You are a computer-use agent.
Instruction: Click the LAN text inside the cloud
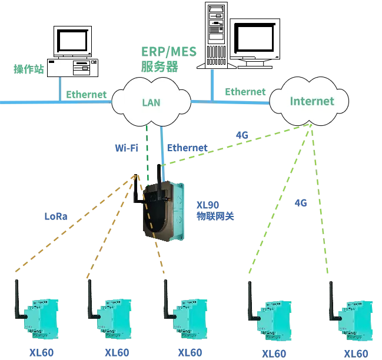151,102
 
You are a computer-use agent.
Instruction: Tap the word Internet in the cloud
311,101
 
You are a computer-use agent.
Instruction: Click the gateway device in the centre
162,212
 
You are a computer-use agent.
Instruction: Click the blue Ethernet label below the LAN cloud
186,147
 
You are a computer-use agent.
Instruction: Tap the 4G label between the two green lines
301,204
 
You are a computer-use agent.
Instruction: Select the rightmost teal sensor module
354,321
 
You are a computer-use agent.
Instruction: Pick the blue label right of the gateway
215,210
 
